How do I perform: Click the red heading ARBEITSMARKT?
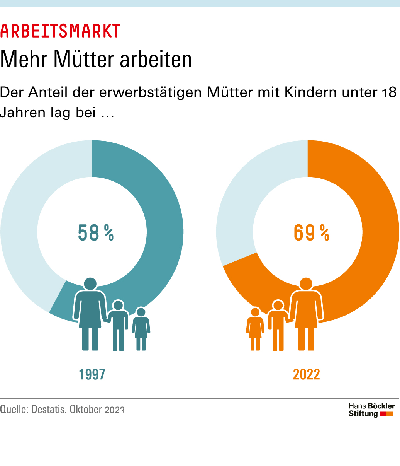click(60, 31)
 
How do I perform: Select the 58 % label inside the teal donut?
click(96, 233)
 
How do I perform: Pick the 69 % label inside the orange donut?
click(311, 233)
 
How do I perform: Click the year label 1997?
click(92, 374)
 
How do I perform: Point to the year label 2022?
click(307, 374)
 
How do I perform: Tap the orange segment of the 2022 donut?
click(378, 217)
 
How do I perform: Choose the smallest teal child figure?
click(141, 329)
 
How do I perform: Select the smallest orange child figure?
click(255, 329)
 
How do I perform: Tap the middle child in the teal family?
click(118, 325)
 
